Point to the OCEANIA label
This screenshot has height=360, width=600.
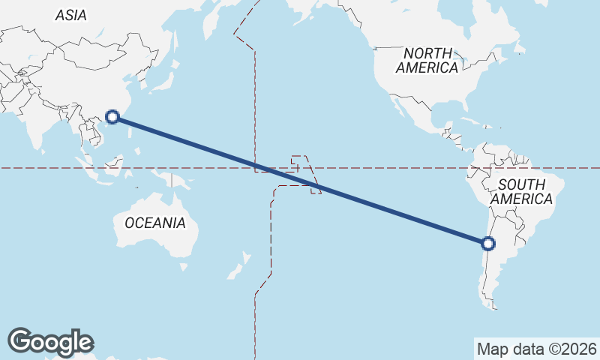tap(154, 223)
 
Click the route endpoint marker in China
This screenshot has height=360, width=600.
tap(112, 116)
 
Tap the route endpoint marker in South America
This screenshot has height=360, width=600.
tap(488, 243)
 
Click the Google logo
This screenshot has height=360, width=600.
tap(50, 341)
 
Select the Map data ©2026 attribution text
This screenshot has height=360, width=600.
tap(537, 349)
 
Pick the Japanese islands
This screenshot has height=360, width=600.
tap(162, 80)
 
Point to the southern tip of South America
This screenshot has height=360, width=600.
tap(492, 304)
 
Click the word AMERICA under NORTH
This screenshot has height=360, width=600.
tap(427, 68)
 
